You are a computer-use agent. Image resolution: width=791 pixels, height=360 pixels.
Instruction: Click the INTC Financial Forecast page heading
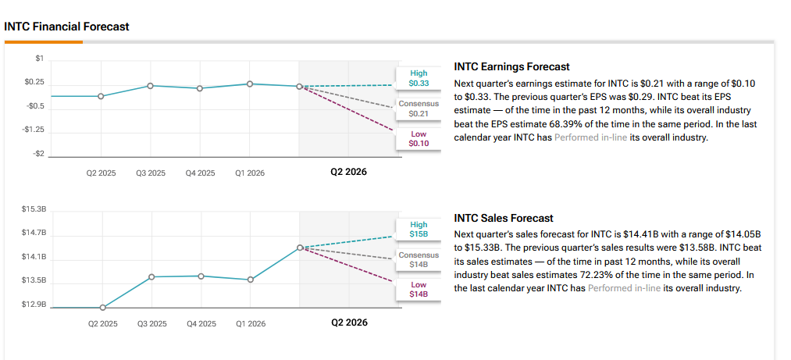[x=66, y=27]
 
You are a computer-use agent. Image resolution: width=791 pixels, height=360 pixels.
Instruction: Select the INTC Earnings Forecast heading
[x=512, y=66]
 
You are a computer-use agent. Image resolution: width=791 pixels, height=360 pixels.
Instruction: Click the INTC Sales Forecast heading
[x=504, y=219]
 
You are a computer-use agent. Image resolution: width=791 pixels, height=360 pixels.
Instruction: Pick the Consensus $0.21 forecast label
[x=419, y=109]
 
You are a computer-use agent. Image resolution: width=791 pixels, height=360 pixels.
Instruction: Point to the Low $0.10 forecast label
[x=419, y=139]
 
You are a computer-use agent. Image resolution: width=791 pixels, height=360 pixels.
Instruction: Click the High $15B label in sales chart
[x=419, y=230]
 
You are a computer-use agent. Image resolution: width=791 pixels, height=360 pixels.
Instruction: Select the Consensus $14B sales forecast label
[x=419, y=260]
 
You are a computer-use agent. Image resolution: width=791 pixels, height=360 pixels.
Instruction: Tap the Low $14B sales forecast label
[x=419, y=290]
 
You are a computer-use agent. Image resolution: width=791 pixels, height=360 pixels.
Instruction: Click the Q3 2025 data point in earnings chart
[x=151, y=86]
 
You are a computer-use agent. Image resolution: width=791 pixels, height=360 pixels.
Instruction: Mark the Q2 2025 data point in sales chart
[x=102, y=307]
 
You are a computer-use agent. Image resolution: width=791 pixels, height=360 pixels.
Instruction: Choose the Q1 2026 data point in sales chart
[x=250, y=280]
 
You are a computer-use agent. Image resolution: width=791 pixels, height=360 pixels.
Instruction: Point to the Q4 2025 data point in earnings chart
[x=200, y=88]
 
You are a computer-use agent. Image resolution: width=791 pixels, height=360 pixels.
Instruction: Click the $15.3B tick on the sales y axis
[x=34, y=209]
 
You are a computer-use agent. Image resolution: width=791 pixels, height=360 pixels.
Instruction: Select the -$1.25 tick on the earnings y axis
[x=33, y=130]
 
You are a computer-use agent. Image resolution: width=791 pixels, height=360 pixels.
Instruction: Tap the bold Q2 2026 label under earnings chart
[x=348, y=172]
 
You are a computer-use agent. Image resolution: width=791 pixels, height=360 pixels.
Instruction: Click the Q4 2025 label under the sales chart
[x=201, y=324]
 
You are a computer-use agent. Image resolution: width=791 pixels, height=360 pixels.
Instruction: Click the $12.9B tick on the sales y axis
[x=34, y=305]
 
